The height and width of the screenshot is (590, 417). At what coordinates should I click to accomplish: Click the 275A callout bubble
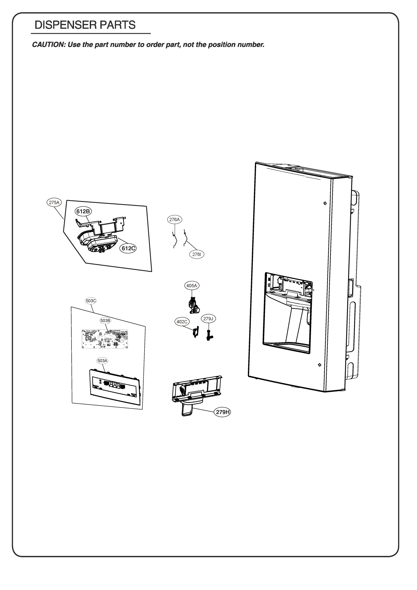54,203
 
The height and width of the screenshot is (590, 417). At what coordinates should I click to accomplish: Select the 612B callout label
83,211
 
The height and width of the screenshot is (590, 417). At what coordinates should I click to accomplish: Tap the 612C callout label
129,248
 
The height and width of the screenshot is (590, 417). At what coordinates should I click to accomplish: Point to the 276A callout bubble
174,220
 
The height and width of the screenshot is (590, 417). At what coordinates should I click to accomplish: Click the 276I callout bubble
197,254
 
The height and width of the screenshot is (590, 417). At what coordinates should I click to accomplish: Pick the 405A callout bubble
192,285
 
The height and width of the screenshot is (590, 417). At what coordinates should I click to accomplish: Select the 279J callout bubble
208,319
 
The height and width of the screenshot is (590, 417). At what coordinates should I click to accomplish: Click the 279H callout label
222,412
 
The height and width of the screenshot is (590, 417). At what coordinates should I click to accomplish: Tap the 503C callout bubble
91,301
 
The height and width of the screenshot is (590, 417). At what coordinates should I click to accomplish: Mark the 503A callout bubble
102,361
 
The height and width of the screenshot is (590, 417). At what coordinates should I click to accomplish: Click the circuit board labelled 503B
105,339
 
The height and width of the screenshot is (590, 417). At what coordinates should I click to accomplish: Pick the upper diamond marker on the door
325,203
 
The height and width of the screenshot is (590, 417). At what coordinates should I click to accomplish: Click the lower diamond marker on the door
320,365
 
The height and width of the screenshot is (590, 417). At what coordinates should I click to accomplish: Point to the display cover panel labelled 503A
114,386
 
